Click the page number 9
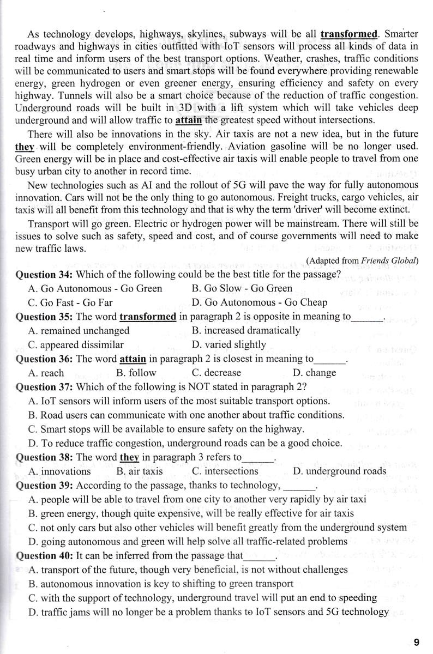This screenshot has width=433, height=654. point(416,641)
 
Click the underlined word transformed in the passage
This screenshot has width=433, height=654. point(349,34)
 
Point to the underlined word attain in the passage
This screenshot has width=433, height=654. point(189,120)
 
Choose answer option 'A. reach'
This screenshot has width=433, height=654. point(45,373)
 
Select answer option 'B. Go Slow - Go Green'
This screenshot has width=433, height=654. point(242,288)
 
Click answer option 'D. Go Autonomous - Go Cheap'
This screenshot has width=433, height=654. point(259,302)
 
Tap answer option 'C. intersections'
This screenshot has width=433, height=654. point(225,471)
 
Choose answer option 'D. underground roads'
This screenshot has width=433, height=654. point(339,471)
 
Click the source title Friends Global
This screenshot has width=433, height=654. point(389,260)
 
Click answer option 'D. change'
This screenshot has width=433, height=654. point(314,373)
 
